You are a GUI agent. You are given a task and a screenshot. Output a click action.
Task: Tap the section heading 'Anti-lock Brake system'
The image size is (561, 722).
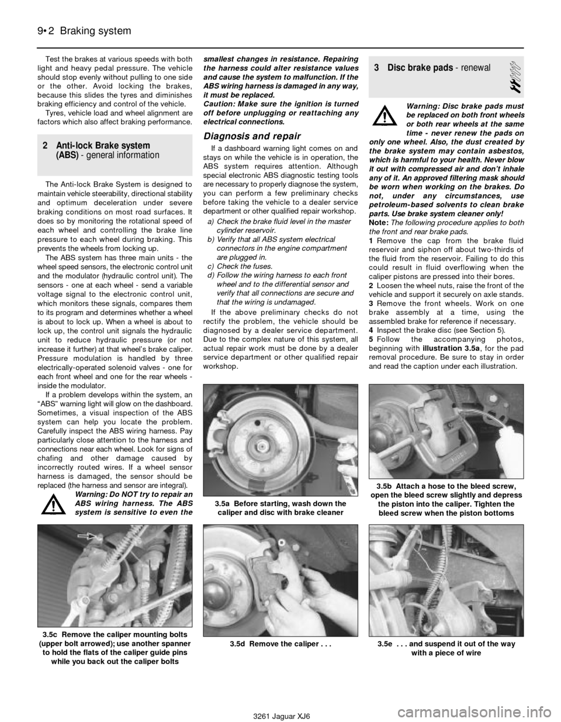(x=103, y=146)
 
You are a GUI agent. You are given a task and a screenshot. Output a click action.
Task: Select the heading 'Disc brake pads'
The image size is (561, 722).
(x=420, y=68)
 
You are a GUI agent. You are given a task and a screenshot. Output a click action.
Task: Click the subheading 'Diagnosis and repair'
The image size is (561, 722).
(x=252, y=136)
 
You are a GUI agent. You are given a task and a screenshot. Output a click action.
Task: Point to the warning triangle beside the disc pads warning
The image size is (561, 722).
(x=385, y=116)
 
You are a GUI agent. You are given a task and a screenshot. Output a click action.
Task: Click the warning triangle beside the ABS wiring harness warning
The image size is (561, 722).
(x=54, y=503)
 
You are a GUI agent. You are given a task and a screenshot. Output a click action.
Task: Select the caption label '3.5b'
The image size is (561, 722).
(x=385, y=486)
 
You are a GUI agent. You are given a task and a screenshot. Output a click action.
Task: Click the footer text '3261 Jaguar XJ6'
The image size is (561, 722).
(x=281, y=714)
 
